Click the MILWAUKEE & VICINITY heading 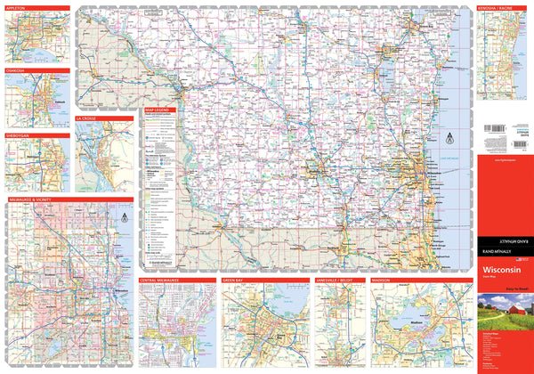tap(36, 200)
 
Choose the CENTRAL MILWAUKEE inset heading tap(160, 280)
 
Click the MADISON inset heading tap(382, 280)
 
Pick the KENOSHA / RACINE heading tap(495, 6)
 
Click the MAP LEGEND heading tap(158, 110)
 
